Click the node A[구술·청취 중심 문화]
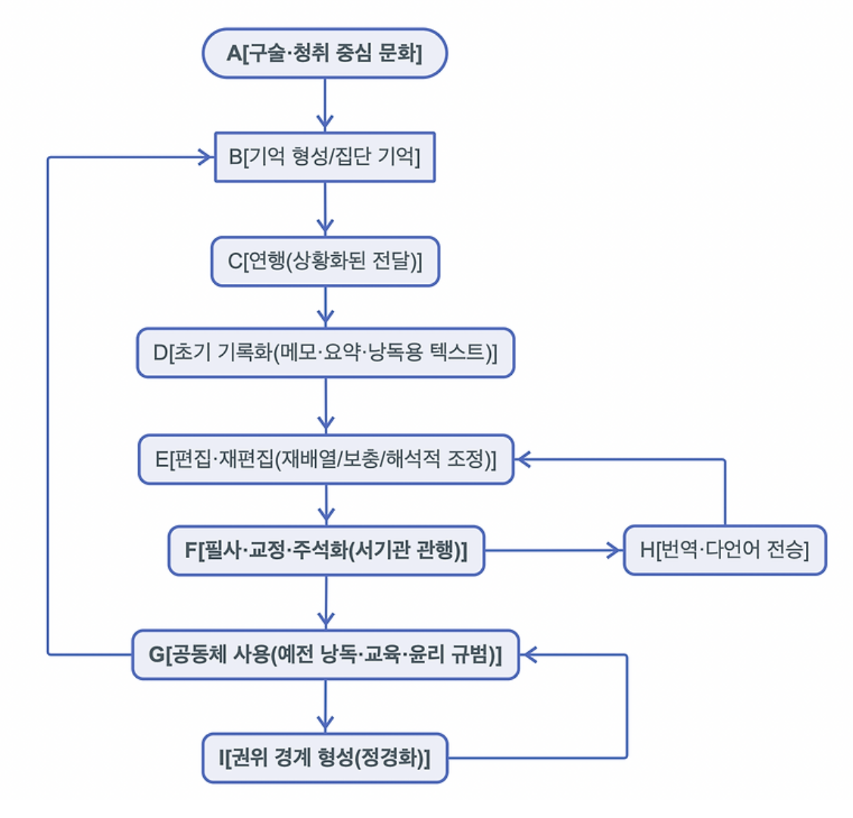tap(325, 53)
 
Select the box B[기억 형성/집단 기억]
tap(325, 157)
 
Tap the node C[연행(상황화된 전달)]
tap(325, 261)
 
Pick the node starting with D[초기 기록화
tap(325, 353)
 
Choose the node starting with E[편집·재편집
tap(325, 459)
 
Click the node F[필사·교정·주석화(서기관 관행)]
tap(326, 551)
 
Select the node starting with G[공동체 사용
tap(325, 655)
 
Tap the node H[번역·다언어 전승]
tap(725, 550)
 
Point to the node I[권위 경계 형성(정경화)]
tap(325, 758)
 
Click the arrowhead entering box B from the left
tap(206, 157)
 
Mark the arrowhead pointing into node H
tap(615, 550)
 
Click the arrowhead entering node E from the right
tap(522, 459)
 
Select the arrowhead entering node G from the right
tap(528, 655)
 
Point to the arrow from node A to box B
tap(325, 105)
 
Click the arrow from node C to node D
tap(325, 307)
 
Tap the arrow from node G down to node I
tap(325, 706)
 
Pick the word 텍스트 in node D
tap(459, 353)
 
